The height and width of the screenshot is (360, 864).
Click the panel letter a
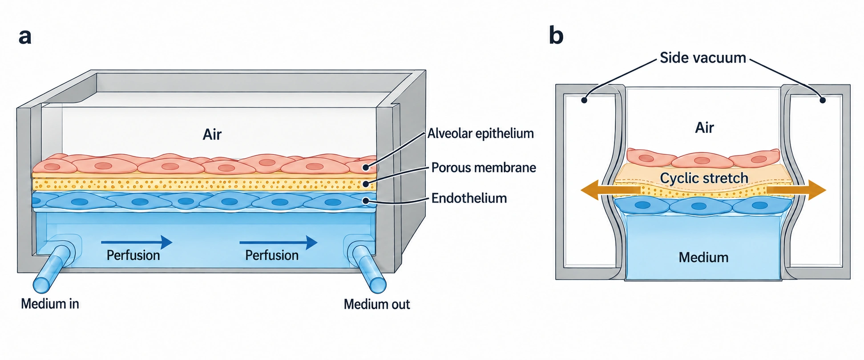(x=25, y=36)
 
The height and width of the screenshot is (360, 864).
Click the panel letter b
(x=556, y=35)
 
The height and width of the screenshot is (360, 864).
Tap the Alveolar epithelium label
(x=480, y=133)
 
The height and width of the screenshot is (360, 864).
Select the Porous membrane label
(x=484, y=168)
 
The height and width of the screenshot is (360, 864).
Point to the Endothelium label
(x=469, y=198)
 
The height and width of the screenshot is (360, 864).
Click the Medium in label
(x=50, y=304)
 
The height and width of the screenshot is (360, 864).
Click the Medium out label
(x=377, y=304)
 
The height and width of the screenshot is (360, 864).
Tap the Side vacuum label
(x=703, y=58)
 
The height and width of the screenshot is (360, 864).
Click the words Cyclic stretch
(x=704, y=178)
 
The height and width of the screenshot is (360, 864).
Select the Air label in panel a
(x=212, y=134)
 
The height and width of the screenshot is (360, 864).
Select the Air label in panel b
(x=705, y=128)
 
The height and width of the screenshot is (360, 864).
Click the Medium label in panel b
(x=703, y=257)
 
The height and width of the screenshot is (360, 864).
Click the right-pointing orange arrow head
(x=816, y=190)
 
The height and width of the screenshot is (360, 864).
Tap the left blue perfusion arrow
(x=137, y=243)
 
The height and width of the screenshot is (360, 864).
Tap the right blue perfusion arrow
(x=279, y=243)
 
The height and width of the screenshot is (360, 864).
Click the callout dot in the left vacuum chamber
(x=584, y=101)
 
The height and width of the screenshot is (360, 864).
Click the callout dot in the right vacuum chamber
(x=823, y=101)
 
